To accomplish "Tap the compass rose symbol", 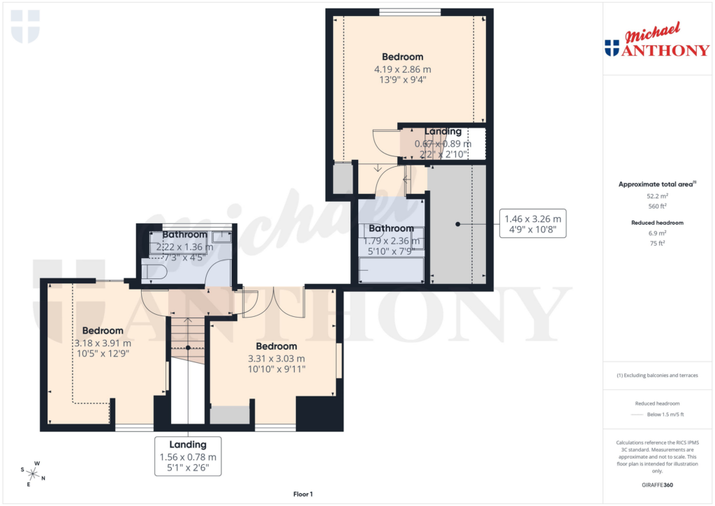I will coord(33,472).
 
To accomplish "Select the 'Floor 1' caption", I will coord(303,494).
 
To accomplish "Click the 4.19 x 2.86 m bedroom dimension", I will coord(402,69).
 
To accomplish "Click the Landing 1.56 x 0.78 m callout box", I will coord(188,456).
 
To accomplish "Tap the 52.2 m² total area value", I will coord(656,197).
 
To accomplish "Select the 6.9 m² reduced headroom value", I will coord(656,233).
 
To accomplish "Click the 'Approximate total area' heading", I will coord(656,184).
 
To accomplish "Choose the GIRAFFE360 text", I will coord(656,484).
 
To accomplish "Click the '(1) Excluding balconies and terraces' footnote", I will coord(656,375).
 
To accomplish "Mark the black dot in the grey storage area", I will coord(458,224).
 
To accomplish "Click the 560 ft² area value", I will coord(656,206).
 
